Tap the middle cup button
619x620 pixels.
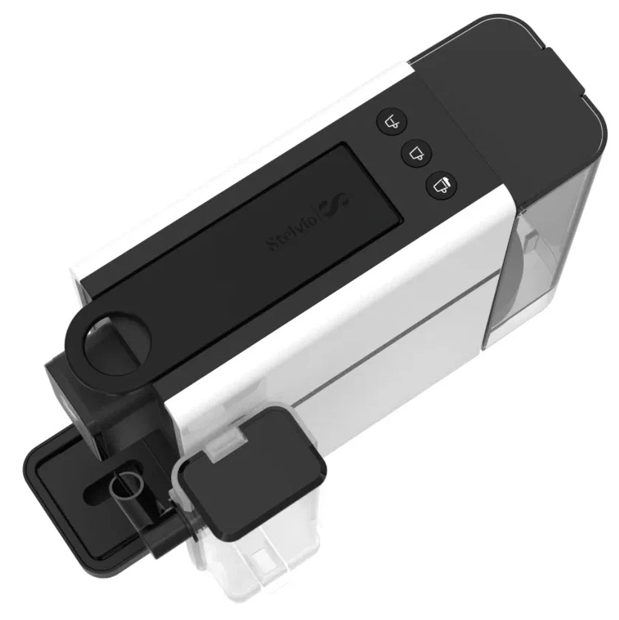(x=416, y=153)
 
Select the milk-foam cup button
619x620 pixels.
(x=442, y=185)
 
